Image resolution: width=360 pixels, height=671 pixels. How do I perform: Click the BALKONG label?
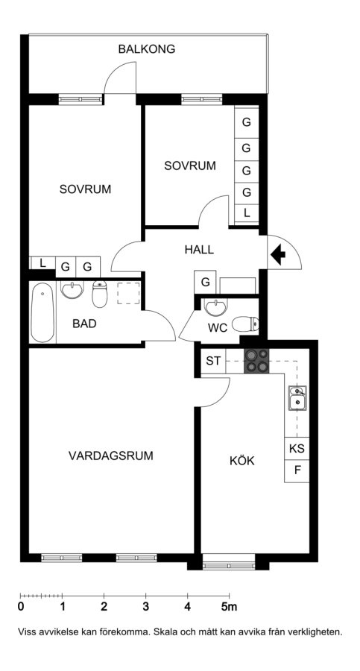click(146, 49)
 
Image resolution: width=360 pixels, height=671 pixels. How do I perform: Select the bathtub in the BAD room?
click(42, 312)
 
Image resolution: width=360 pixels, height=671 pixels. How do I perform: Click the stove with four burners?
click(256, 361)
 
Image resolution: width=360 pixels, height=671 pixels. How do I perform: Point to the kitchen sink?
click(297, 398)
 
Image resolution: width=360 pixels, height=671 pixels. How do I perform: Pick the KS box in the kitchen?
click(297, 449)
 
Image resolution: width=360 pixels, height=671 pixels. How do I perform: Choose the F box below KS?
click(297, 471)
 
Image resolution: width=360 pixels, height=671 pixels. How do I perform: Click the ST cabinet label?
click(213, 361)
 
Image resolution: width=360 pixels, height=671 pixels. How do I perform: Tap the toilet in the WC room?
click(245, 324)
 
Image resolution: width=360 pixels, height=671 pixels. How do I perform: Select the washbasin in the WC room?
click(216, 306)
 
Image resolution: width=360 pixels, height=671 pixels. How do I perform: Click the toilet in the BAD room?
click(100, 294)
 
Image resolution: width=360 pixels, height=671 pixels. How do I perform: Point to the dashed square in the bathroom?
click(128, 293)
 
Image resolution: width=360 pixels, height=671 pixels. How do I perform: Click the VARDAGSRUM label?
click(111, 456)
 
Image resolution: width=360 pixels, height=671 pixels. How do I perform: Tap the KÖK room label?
click(241, 461)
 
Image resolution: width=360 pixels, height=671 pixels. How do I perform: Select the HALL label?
click(199, 250)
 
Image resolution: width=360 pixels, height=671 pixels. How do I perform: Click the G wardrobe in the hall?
click(206, 283)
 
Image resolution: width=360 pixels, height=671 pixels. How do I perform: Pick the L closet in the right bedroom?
click(247, 213)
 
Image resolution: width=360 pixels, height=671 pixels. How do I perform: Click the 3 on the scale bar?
click(145, 606)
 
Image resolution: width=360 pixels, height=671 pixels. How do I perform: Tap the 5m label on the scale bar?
click(229, 606)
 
